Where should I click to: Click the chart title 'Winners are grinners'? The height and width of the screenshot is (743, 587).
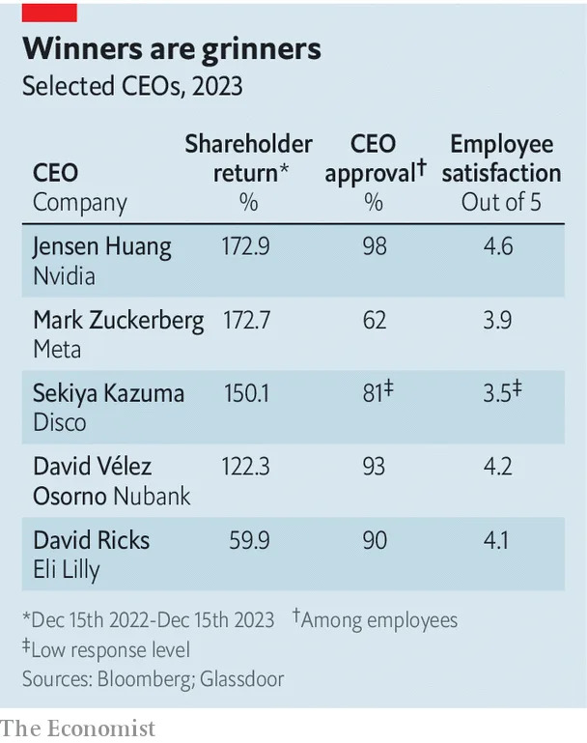pyautogui.click(x=171, y=49)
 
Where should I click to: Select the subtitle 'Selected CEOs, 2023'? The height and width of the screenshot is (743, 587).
pyautogui.click(x=132, y=86)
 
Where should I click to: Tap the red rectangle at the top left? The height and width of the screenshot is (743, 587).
pyautogui.click(x=49, y=12)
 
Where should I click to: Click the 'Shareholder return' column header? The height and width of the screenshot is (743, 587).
pyautogui.click(x=248, y=158)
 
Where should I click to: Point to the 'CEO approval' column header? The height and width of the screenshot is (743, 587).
pyautogui.click(x=375, y=158)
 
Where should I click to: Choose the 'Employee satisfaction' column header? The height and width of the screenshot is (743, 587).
pyautogui.click(x=501, y=158)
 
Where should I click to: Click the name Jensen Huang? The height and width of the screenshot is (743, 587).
pyautogui.click(x=102, y=246)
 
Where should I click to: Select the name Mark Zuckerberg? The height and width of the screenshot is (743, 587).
pyautogui.click(x=118, y=321)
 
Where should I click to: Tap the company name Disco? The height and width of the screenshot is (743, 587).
pyautogui.click(x=60, y=422)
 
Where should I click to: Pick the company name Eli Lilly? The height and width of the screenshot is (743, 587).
pyautogui.click(x=67, y=570)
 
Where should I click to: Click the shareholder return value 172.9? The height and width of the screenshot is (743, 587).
pyautogui.click(x=245, y=246)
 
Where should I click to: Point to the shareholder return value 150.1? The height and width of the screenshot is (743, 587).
pyautogui.click(x=245, y=393)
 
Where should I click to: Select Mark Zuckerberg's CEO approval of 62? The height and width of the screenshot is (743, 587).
pyautogui.click(x=374, y=321)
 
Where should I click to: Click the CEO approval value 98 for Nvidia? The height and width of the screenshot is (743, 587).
pyautogui.click(x=374, y=246)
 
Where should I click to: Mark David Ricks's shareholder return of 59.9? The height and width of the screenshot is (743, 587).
pyautogui.click(x=249, y=540)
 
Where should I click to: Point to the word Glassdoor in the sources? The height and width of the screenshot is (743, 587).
pyautogui.click(x=242, y=679)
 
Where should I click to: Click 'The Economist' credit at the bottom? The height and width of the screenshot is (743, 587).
pyautogui.click(x=77, y=728)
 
